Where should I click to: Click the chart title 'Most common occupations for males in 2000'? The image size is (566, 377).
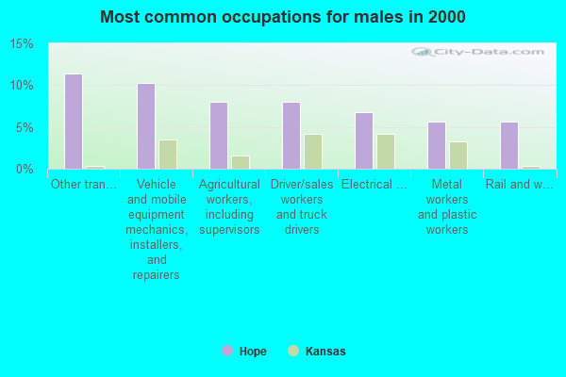click(x=282, y=17)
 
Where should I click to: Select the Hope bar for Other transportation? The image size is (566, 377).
click(x=73, y=122)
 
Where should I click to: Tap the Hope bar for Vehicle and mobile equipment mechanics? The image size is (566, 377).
click(x=145, y=126)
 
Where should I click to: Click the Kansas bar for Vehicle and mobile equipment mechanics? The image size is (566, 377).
click(x=167, y=155)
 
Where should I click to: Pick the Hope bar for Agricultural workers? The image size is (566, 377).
click(x=218, y=136)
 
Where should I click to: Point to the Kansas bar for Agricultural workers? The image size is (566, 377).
click(x=240, y=162)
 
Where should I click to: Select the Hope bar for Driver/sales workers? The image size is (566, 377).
click(x=291, y=136)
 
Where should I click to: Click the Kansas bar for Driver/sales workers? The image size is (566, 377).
click(x=313, y=152)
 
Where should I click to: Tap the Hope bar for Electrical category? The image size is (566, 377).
click(x=364, y=140)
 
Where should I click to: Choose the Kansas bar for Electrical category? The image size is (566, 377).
click(x=386, y=152)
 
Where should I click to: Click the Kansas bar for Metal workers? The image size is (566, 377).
click(x=458, y=156)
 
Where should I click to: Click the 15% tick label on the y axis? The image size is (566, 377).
click(x=22, y=44)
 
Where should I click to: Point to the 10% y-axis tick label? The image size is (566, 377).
click(x=22, y=86)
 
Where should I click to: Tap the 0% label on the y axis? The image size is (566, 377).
click(x=25, y=169)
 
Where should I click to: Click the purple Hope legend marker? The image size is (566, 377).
click(x=227, y=351)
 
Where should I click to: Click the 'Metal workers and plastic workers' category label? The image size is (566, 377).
click(x=447, y=206)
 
